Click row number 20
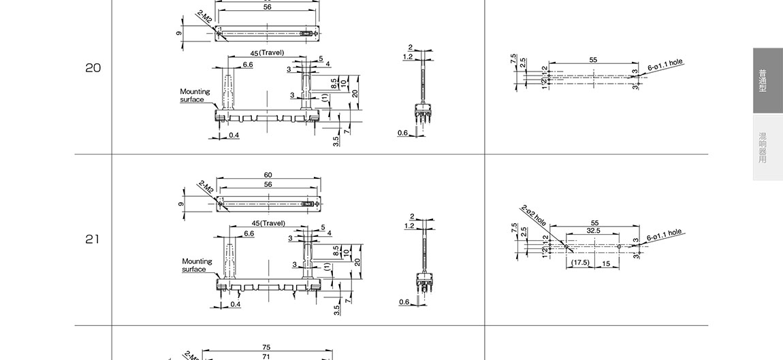pos(93,68)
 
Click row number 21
pos(93,240)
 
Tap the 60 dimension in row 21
pos(268,176)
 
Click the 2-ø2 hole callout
pos(534,214)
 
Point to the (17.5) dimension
pos(580,263)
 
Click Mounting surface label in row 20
pos(195,95)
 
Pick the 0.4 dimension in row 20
pos(234,135)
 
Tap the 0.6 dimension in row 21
pos(404,302)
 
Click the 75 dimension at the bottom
pos(266,347)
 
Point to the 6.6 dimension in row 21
pos(249,233)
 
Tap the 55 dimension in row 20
pos(593,60)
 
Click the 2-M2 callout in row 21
pos(206,186)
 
